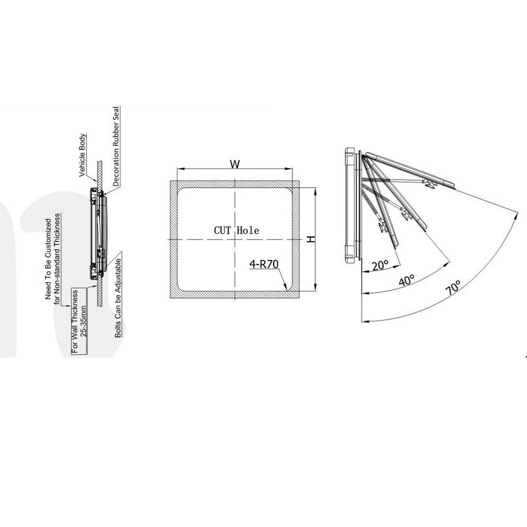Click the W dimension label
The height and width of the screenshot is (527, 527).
[x=235, y=164]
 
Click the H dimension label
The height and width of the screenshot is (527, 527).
[x=311, y=239]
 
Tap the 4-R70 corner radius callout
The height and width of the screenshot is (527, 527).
[x=264, y=264]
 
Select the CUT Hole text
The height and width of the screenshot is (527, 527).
[x=237, y=231]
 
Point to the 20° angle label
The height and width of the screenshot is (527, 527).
[x=380, y=266]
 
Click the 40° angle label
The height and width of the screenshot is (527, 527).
[x=406, y=280]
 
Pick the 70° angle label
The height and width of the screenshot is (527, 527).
[x=454, y=287]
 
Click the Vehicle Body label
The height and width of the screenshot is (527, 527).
[x=82, y=155]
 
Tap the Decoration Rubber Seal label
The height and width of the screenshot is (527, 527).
[x=116, y=146]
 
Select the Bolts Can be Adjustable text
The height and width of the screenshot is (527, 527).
[x=118, y=298]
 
